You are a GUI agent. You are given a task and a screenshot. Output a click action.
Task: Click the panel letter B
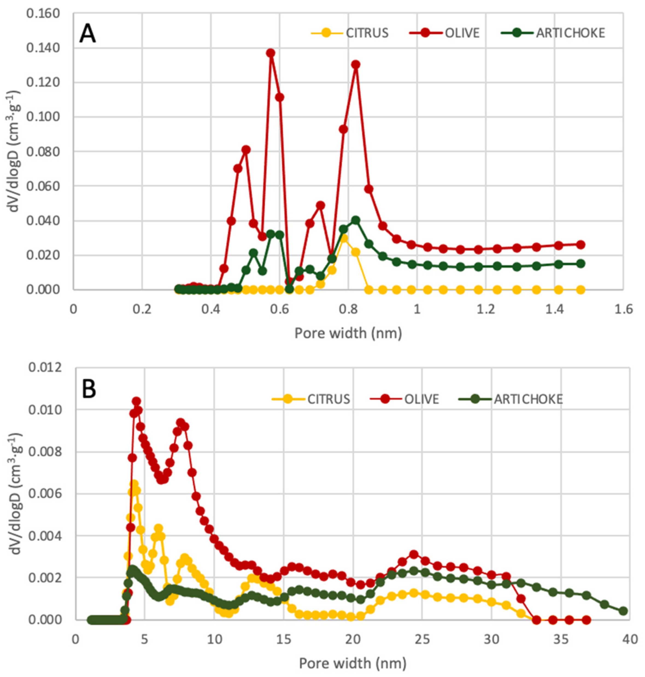(x=89, y=390)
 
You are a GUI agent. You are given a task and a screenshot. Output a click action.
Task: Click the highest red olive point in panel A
(x=271, y=52)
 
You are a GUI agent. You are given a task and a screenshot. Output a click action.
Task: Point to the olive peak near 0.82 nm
(x=356, y=64)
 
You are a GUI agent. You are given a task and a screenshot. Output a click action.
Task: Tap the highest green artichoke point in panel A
(x=356, y=220)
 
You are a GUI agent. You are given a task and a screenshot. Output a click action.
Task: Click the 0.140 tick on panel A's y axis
(x=43, y=48)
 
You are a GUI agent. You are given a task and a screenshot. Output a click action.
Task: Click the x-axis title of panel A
(x=348, y=333)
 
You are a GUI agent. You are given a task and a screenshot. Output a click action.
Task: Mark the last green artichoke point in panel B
(x=623, y=611)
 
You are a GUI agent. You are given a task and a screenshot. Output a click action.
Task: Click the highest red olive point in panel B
(x=136, y=401)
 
